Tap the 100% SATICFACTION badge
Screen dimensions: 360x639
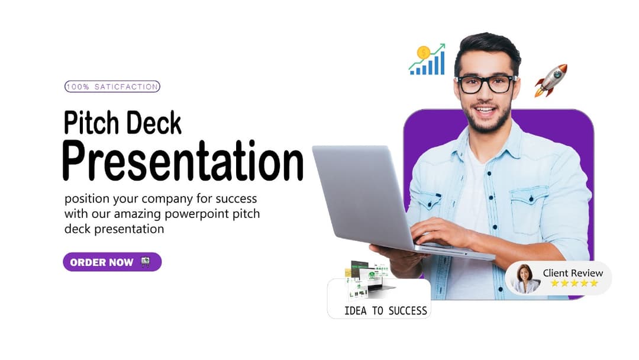pos(112,86)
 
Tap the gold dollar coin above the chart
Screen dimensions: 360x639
pos(424,52)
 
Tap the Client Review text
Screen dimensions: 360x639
pos(573,273)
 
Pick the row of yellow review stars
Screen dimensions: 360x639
pos(574,284)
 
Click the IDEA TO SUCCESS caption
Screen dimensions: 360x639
pos(385,310)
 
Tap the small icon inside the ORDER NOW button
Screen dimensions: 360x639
pos(145,262)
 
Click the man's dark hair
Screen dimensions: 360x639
pos(487,47)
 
